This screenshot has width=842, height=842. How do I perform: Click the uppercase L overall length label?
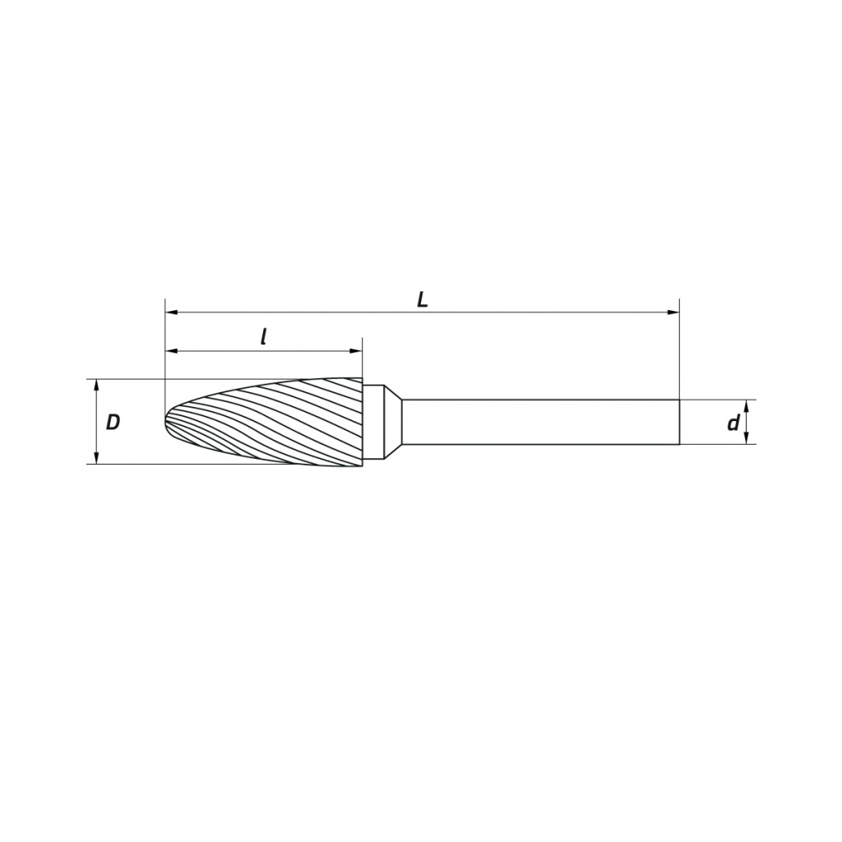(x=423, y=300)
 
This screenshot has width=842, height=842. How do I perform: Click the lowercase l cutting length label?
(x=264, y=337)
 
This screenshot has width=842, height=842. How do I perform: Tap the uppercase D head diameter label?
(x=113, y=423)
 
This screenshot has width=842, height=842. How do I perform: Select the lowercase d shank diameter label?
(x=733, y=423)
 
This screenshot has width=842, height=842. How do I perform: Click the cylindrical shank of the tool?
(x=541, y=422)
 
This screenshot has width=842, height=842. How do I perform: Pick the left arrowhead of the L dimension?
(x=172, y=312)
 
